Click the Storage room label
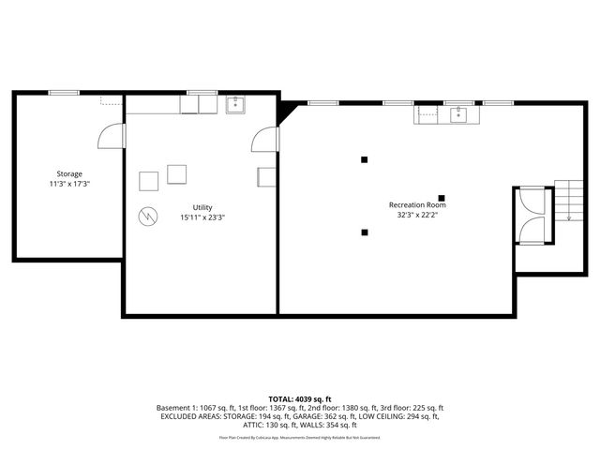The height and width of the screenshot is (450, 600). [x=68, y=173]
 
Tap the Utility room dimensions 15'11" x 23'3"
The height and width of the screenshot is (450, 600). [x=202, y=217]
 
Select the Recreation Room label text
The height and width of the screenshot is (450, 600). [x=417, y=204]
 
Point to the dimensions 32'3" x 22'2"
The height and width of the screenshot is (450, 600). [x=417, y=215]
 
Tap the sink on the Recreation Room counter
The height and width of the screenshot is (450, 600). [x=457, y=114]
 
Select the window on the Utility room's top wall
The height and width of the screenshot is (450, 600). [x=201, y=92]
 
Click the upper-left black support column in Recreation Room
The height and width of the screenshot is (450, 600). [x=365, y=159]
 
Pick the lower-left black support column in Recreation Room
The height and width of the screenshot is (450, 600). [x=365, y=232]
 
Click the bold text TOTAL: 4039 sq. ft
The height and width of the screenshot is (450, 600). [x=299, y=399]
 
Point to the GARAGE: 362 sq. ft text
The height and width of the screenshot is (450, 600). [x=294, y=416]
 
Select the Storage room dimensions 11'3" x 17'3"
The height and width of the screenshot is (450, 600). [x=68, y=184]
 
